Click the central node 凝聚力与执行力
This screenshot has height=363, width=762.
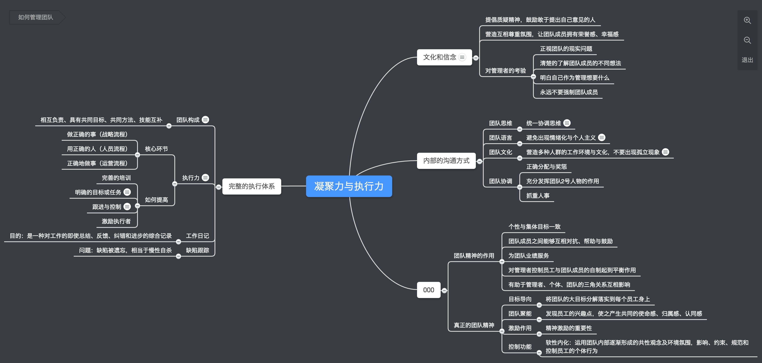pos(349,186)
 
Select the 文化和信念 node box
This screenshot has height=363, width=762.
pos(440,57)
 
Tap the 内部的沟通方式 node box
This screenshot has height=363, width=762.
pos(446,161)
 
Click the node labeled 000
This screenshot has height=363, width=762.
pos(428,290)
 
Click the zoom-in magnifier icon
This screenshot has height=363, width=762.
pos(747,20)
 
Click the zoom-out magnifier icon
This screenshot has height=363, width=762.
pos(747,40)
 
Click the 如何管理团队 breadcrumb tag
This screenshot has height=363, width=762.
pos(35,17)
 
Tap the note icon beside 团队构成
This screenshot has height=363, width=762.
pos(205,120)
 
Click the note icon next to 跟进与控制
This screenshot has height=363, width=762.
pos(127,207)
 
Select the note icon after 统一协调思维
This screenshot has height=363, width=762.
pos(567,123)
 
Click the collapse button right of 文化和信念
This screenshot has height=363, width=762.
pos(476,58)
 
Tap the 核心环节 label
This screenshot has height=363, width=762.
pos(156,149)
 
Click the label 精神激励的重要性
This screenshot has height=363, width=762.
pos(569,328)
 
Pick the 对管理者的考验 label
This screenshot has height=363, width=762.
pos(505,71)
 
